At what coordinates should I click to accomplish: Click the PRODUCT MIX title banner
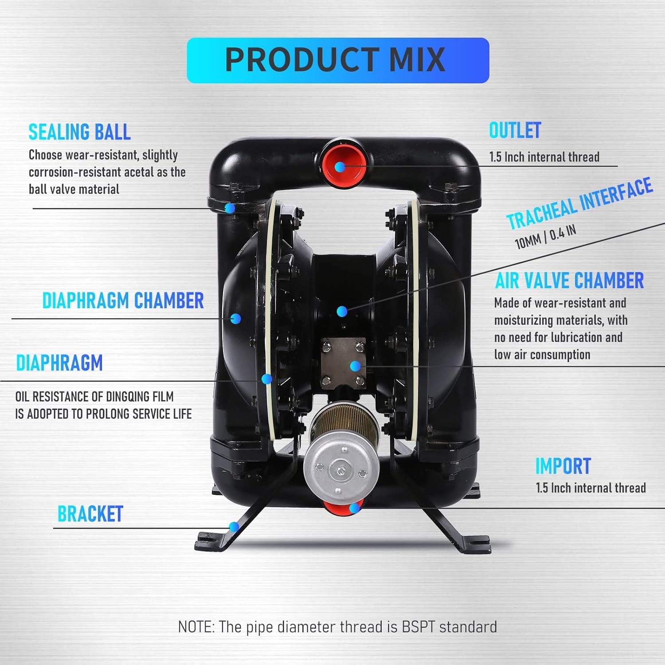click(338, 60)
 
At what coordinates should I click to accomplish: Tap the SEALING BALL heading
click(80, 132)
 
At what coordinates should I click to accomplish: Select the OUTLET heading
click(515, 130)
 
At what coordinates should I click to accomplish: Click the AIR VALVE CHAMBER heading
click(569, 280)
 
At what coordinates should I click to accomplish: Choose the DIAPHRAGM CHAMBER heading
click(123, 300)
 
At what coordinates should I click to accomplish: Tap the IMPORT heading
click(563, 466)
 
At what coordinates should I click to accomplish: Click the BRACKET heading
click(90, 514)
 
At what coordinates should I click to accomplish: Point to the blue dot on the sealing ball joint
click(230, 208)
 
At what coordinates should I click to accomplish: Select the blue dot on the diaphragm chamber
click(235, 318)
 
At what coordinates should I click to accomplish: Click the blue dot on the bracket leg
click(234, 527)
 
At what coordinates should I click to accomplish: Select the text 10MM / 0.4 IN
click(546, 237)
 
